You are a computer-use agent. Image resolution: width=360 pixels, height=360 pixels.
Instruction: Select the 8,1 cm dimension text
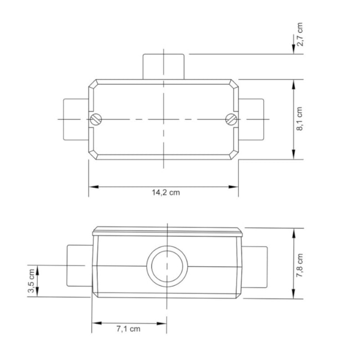pos(300,119)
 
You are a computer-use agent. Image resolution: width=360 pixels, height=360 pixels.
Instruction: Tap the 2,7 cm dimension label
pos(300,34)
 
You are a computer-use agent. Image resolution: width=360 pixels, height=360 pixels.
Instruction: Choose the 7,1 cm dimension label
pos(128,329)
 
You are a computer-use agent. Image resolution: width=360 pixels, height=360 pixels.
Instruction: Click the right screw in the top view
pos(232,118)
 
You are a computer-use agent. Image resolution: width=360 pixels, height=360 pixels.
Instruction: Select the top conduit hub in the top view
pos(164,66)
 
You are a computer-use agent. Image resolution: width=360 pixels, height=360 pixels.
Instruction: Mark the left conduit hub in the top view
pos(76,119)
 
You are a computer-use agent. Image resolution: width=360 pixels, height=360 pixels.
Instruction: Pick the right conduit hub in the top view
pos(251,119)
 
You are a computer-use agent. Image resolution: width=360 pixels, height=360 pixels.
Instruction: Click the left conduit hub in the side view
pos(79,265)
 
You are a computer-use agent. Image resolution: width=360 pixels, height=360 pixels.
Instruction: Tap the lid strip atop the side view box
pos(167,231)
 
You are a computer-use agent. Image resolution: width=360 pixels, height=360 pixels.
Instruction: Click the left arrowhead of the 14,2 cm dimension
pos(92,187)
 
